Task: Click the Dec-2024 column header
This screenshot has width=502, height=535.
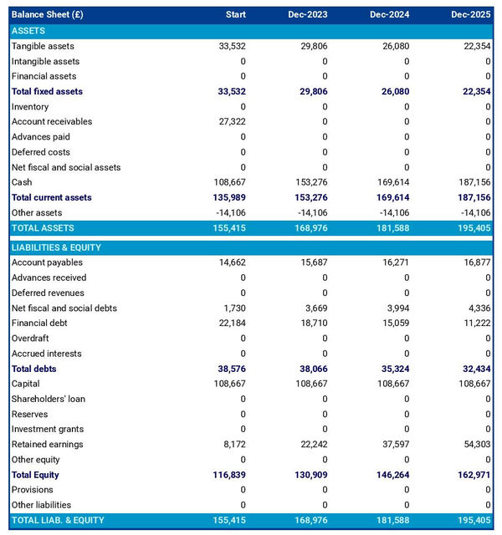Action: coord(392,15)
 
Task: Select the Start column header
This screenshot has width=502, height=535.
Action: coord(236,15)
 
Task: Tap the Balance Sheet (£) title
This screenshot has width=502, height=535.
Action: coord(48,15)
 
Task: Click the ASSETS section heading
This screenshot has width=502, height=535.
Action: coord(28,31)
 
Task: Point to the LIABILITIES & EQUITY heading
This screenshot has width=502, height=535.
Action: coord(56,247)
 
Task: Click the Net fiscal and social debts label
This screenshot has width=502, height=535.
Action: coord(64,308)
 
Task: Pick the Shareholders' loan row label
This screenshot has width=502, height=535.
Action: coord(48,399)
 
